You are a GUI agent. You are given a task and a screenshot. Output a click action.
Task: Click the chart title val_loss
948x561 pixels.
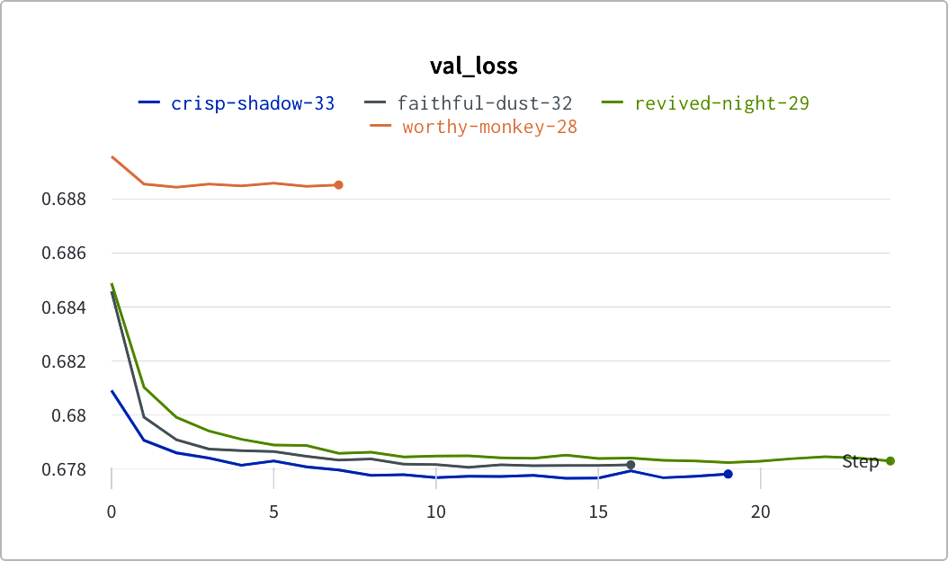coord(473,66)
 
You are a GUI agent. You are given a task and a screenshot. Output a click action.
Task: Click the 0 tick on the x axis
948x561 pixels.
coord(112,512)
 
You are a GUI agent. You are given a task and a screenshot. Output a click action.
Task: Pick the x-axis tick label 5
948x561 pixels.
coord(273,512)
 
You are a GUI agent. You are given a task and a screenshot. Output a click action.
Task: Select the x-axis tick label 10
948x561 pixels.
coord(436,512)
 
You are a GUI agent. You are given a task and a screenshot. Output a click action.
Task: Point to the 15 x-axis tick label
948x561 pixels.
coord(598,512)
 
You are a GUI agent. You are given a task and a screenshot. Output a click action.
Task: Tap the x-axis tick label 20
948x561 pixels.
coord(761,512)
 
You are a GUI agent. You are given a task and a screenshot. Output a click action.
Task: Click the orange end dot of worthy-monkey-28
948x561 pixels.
coord(338,185)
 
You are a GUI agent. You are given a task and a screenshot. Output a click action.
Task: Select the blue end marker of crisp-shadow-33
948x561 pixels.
coord(728,474)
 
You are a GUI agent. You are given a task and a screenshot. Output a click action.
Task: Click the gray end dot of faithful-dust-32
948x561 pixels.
coord(631,465)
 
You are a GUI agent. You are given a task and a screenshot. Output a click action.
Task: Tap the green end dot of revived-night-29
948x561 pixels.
coord(890,461)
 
